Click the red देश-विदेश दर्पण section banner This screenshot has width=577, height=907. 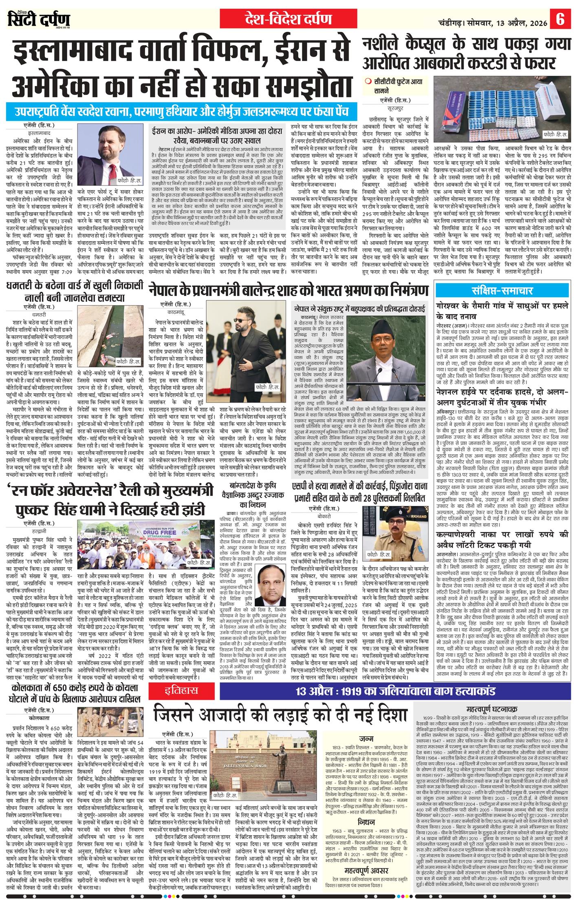point(288,19)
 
